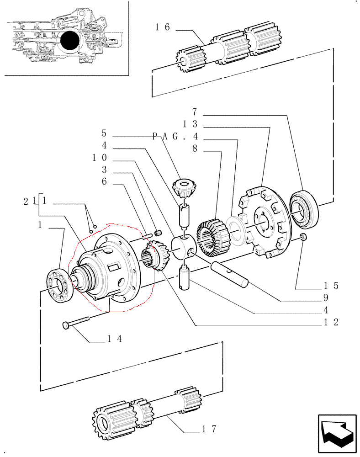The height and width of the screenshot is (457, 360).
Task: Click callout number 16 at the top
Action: click(x=162, y=27)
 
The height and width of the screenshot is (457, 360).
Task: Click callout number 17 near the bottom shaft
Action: click(x=209, y=429)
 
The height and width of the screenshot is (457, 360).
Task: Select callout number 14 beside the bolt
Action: click(x=115, y=339)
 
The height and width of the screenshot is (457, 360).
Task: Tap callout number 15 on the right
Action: click(x=331, y=286)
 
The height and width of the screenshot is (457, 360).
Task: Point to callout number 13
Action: click(x=190, y=124)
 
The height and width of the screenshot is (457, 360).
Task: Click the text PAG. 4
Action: click(x=175, y=136)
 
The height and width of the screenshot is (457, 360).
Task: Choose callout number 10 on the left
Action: click(x=100, y=158)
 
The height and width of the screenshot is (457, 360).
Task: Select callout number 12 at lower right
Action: click(x=331, y=322)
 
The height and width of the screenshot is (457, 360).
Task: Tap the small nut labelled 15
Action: click(x=303, y=237)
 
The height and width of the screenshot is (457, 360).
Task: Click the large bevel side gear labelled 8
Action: click(x=213, y=238)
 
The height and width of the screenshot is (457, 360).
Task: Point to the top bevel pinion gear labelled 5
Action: click(x=184, y=188)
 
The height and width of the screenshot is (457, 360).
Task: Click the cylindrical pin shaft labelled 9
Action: click(x=230, y=274)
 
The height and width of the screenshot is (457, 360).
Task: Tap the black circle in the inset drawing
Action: click(x=70, y=40)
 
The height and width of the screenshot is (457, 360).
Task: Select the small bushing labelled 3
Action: click(x=158, y=233)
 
